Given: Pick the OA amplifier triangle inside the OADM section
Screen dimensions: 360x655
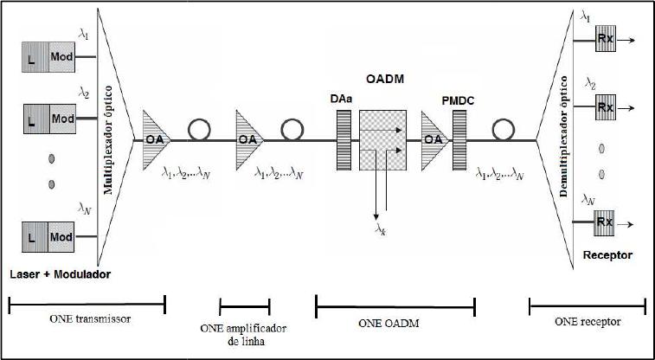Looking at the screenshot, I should point(435,138).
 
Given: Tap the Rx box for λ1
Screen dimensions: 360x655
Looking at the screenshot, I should point(606,40).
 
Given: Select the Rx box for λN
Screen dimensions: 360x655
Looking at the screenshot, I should point(606,223).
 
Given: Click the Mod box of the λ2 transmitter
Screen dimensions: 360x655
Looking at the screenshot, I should point(62,119).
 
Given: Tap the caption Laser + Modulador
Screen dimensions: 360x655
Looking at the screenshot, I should point(61,274).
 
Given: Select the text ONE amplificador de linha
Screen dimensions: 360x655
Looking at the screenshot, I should point(244,335).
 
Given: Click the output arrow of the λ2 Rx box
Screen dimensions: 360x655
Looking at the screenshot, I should point(628,109).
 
